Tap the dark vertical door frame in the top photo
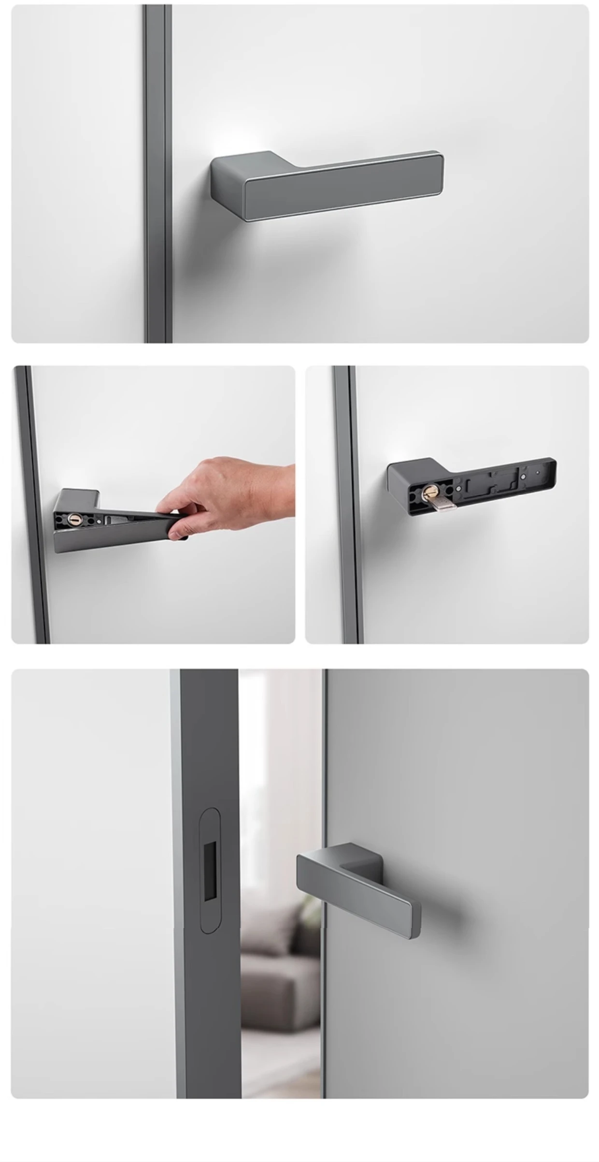coord(157,174)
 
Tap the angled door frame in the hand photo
coord(34,508)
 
